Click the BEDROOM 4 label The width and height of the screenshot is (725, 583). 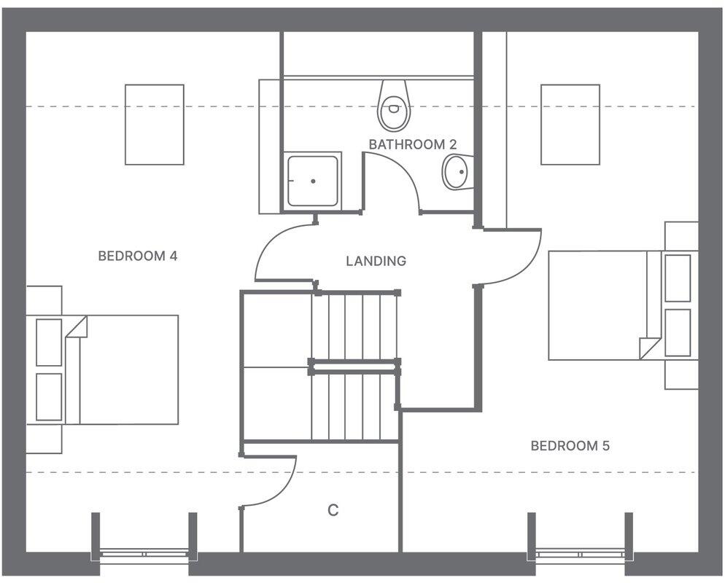(x=138, y=256)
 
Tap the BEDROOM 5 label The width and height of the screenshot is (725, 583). (x=570, y=445)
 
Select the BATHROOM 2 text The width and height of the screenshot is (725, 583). (x=407, y=144)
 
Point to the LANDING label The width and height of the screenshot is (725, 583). (x=376, y=261)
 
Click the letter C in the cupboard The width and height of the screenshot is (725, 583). (x=333, y=510)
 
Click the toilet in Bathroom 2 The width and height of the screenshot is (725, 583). (x=394, y=106)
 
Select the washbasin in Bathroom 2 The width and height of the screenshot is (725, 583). (x=457, y=173)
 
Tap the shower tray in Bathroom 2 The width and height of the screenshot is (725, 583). (x=313, y=180)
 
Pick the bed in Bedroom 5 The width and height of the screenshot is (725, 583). (x=605, y=305)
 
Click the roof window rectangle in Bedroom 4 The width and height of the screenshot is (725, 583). (x=154, y=125)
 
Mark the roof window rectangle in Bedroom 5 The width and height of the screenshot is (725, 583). (x=570, y=125)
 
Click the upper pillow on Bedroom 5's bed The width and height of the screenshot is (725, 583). (x=678, y=278)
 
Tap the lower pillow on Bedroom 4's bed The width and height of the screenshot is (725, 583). (x=49, y=397)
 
